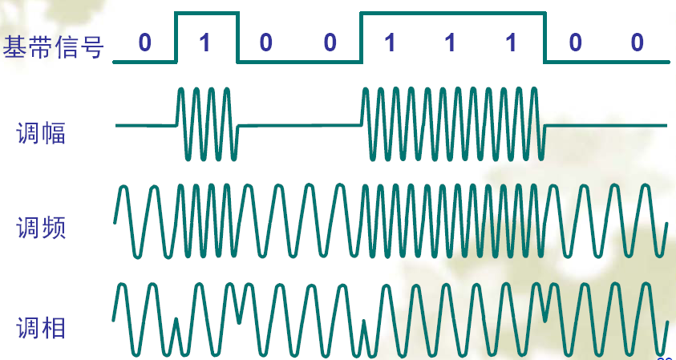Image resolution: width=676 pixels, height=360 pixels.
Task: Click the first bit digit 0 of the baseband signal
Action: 144,43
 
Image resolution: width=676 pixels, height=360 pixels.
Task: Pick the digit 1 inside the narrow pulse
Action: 206,43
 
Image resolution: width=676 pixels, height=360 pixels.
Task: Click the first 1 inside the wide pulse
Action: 391,43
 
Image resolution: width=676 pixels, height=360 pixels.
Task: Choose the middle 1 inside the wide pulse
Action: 451,43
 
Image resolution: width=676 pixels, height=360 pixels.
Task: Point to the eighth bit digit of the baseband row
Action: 575,43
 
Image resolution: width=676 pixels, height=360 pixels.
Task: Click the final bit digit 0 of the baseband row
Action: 637,43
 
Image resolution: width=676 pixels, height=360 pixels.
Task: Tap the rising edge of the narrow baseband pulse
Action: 176,37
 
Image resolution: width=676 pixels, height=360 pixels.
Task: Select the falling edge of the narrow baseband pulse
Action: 238,37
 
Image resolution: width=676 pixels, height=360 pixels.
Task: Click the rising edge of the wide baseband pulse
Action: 361,37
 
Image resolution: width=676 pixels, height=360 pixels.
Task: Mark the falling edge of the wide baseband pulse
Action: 544,37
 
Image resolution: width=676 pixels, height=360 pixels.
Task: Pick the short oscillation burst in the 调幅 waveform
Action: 206,123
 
